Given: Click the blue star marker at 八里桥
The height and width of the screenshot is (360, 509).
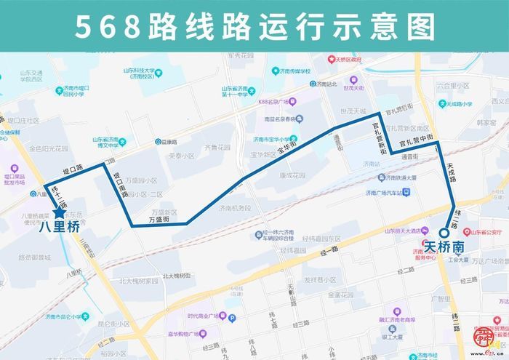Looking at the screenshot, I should click(x=59, y=212).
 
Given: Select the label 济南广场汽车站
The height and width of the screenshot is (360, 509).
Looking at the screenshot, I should click(x=380, y=192).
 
